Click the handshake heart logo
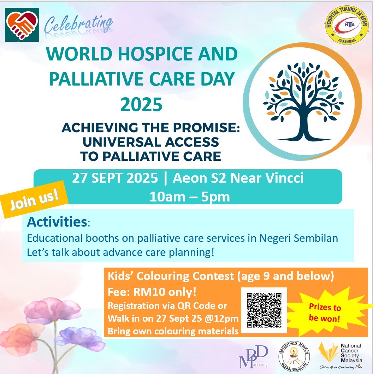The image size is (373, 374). pos(22,24)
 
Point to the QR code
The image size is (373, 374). pos(264,310)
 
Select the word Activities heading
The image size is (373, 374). pos(57,222)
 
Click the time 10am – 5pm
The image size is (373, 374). pos(189,197)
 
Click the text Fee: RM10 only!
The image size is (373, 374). pos(139,293)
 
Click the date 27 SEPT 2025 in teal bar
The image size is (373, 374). pos(115,178)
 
